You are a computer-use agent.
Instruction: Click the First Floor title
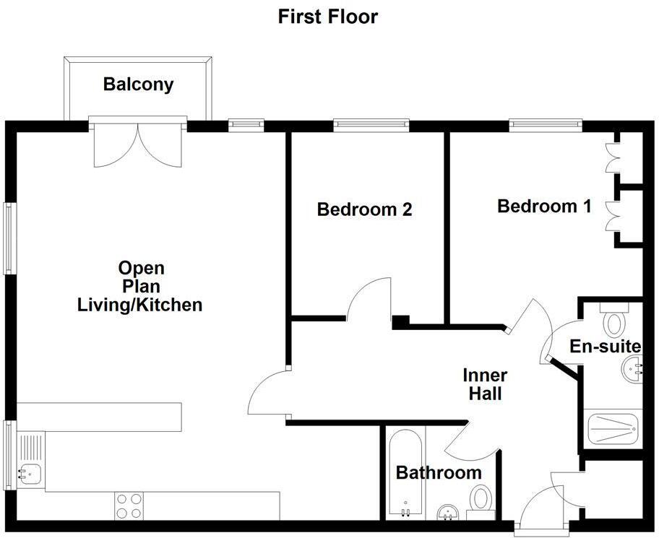click(328, 17)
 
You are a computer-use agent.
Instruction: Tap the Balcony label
click(138, 84)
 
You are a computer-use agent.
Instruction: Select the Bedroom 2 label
click(364, 210)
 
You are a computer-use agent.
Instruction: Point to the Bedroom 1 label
click(544, 207)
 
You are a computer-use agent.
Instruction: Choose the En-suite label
click(606, 347)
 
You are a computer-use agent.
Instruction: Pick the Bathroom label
click(439, 473)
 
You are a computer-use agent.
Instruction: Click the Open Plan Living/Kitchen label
click(140, 287)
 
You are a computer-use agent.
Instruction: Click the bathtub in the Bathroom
click(402, 474)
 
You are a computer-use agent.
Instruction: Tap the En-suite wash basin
click(632, 372)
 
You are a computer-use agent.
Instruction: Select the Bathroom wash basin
click(449, 512)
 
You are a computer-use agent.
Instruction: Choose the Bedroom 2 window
click(371, 126)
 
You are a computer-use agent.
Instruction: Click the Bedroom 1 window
click(546, 126)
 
